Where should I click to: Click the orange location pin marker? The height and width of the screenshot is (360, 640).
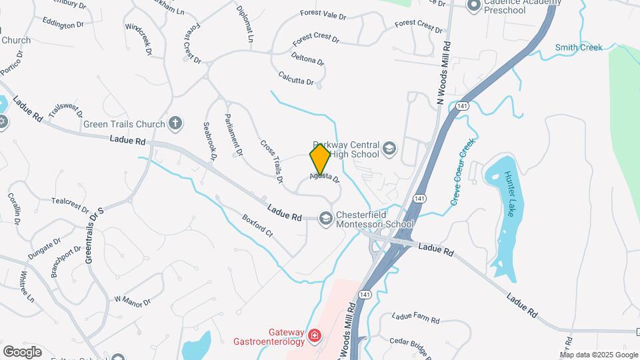click(320, 158)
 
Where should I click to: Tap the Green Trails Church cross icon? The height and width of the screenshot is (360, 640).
click(175, 123)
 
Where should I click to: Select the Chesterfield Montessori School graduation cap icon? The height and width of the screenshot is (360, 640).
click(326, 218)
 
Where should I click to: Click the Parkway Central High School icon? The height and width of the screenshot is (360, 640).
click(389, 148)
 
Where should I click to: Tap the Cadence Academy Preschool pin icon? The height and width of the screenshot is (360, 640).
click(474, 5)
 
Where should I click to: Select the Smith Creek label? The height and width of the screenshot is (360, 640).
click(579, 47)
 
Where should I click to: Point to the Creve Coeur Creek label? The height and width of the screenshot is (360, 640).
click(463, 172)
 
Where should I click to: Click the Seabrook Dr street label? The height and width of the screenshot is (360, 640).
click(210, 141)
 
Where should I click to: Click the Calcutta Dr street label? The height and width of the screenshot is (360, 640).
click(296, 78)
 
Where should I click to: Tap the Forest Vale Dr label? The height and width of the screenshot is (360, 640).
click(323, 15)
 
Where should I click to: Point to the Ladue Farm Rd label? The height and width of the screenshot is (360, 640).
click(415, 318)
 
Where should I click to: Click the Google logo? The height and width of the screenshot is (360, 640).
click(22, 351)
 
